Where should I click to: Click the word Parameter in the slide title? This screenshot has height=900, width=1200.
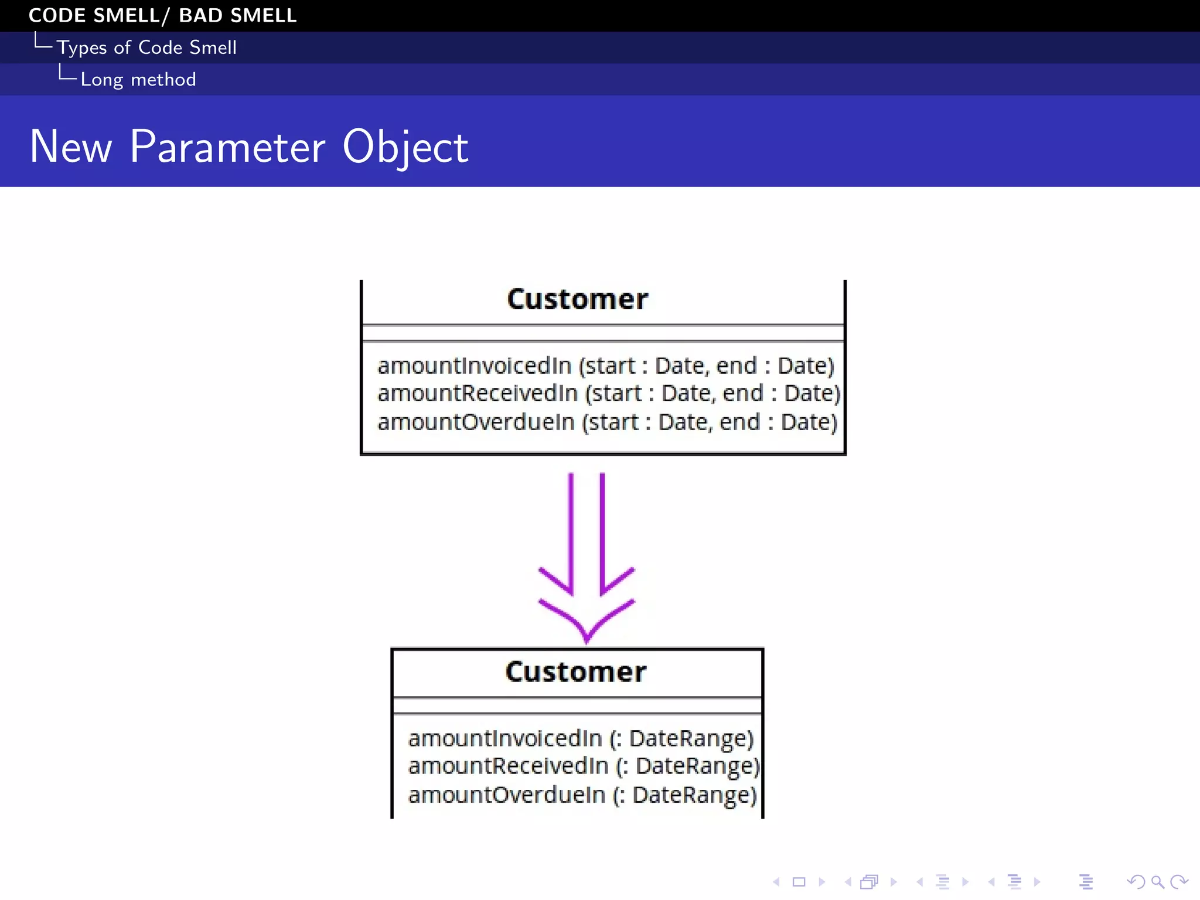227,146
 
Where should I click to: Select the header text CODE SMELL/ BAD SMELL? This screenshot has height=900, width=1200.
162,15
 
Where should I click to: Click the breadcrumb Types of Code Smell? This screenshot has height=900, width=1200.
146,47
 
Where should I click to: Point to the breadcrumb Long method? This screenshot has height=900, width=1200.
138,79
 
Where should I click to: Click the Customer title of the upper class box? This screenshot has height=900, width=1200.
577,299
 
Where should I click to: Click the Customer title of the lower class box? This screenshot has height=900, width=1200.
576,672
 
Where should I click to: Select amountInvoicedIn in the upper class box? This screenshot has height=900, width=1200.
474,366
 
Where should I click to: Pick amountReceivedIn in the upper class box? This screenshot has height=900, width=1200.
478,393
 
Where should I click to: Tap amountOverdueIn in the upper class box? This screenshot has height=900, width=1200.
476,422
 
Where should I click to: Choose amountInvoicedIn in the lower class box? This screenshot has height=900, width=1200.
505,738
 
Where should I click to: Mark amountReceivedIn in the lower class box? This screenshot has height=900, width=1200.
508,766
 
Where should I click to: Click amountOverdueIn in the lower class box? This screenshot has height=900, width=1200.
506,795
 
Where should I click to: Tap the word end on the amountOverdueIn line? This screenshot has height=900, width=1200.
739,422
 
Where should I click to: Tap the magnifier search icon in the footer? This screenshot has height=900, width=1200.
1157,882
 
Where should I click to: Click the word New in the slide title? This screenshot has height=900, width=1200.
70,146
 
